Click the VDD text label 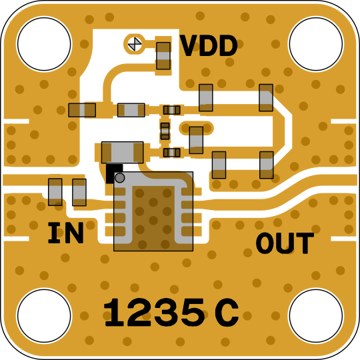coord(209,46)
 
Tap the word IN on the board coord(65,233)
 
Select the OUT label coord(285,243)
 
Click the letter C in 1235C coord(227,313)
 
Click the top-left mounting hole coord(44,44)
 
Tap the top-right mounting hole coord(316,44)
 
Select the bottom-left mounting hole coord(44,316)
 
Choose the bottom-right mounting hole coord(316,316)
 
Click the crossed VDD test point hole coord(135,43)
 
